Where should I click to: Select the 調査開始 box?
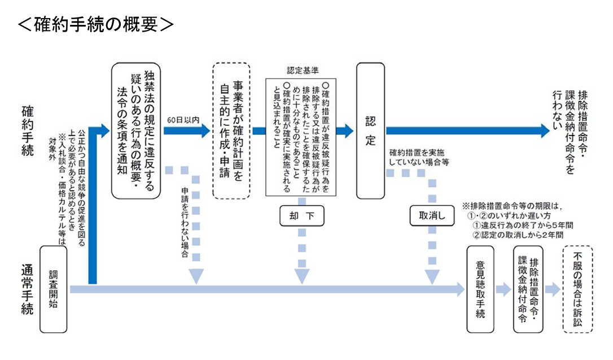[x=55, y=288]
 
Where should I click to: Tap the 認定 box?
[x=370, y=130]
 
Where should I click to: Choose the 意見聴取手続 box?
[x=480, y=289]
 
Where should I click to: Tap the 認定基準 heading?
[x=302, y=71]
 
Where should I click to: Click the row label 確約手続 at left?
[x=28, y=130]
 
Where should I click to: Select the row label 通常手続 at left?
[x=28, y=289]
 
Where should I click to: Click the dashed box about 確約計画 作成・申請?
[x=231, y=130]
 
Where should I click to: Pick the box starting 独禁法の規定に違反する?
[x=136, y=130]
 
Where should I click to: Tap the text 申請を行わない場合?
[x=185, y=223]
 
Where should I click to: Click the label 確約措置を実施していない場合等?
[x=419, y=157]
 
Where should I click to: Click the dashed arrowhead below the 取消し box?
[x=432, y=276]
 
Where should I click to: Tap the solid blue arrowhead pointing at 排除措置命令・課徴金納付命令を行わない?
[x=543, y=130]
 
